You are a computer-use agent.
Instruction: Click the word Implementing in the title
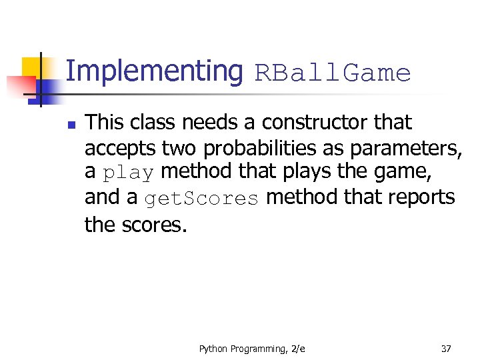[155, 71]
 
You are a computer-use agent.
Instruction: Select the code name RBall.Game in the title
[332, 73]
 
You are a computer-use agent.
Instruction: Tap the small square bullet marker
[72, 124]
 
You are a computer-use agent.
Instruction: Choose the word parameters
[400, 148]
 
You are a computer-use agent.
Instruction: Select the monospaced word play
[128, 173]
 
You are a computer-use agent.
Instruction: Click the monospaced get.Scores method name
[201, 199]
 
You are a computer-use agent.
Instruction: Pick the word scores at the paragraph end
[155, 225]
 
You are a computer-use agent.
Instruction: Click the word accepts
[120, 148]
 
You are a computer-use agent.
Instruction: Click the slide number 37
[446, 348]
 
